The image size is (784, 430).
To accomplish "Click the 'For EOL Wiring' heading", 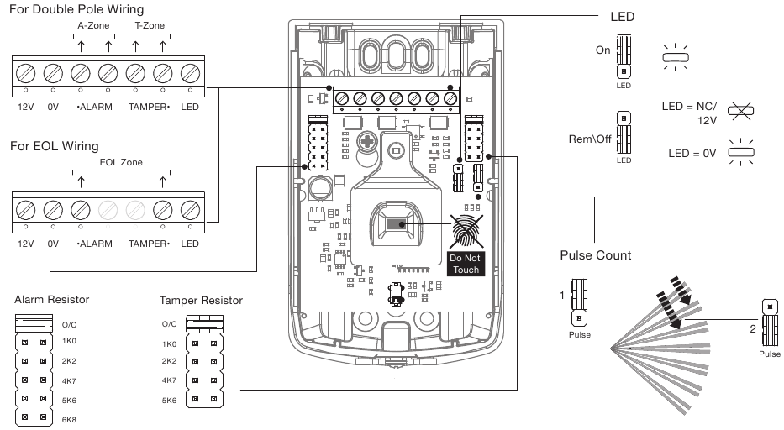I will point(54,146).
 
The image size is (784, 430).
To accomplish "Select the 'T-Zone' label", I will point(149,25).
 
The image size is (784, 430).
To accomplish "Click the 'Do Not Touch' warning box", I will point(465,264).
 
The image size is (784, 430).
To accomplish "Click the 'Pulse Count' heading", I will point(595,255).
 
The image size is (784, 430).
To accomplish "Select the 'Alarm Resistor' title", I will point(51,300).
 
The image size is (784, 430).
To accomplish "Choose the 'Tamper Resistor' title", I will point(201,300).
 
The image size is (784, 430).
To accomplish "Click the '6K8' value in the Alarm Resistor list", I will point(70,417).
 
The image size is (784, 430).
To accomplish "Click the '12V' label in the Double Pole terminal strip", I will point(26,107).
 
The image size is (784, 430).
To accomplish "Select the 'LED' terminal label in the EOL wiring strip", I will point(190,244).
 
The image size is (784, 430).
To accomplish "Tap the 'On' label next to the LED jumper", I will point(602,50).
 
